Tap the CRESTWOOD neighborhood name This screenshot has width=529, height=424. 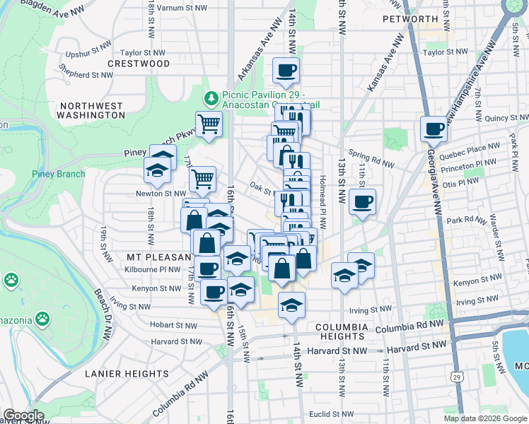point(139,64)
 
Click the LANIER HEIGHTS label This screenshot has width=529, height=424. point(127,374)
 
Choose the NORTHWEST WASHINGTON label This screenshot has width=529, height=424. point(91,110)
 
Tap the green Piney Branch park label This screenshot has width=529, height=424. point(58,175)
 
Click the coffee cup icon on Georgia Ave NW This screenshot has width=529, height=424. point(433,129)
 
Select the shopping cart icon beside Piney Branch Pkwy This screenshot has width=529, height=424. point(209,124)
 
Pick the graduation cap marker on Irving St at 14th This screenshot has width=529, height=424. point(291,305)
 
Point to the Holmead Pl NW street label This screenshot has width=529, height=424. point(322,202)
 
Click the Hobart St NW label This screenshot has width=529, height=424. point(174,324)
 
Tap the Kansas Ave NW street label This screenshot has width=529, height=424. point(383,71)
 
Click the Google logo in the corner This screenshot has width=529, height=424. point(23,416)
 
